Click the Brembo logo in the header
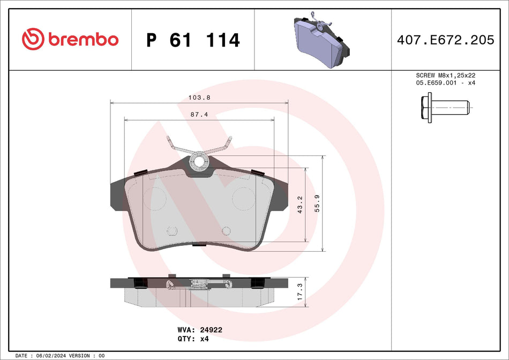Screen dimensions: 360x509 [70, 39]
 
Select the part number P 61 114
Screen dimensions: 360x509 [193, 40]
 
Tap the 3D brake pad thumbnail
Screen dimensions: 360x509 [322, 40]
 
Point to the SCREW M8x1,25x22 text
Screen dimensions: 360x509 [446, 76]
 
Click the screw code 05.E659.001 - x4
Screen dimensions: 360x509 [446, 83]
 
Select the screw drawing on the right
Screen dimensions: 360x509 [445, 107]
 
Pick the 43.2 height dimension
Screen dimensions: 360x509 [300, 204]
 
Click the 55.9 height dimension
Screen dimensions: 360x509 [318, 204]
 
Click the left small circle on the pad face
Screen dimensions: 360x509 [172, 230]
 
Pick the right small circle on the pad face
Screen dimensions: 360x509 [226, 230]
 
